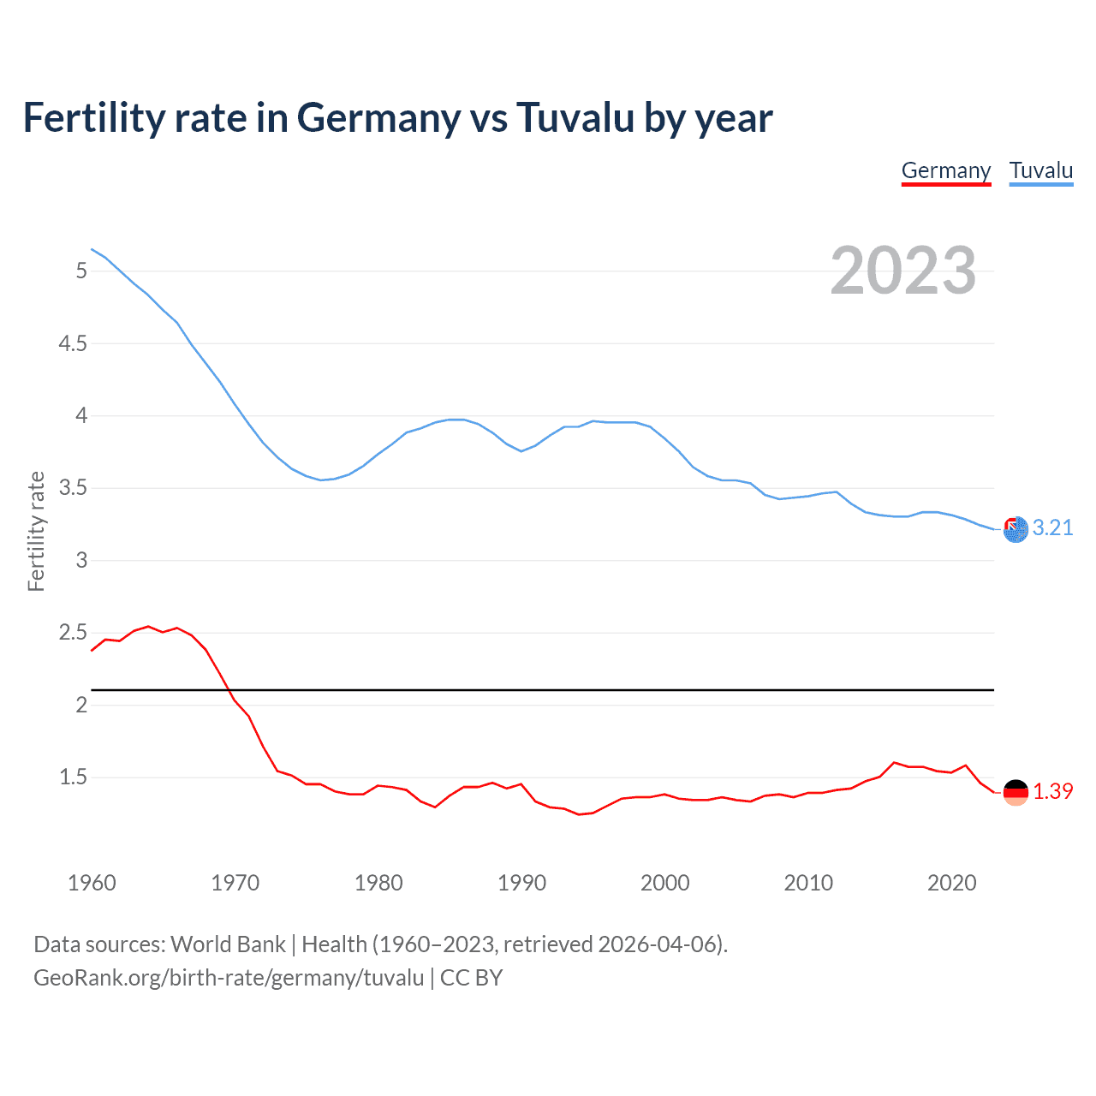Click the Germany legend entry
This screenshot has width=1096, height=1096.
(945, 170)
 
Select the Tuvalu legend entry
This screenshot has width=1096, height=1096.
(1040, 170)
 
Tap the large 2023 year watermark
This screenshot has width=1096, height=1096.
(903, 271)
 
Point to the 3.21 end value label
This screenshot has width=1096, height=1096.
(1052, 527)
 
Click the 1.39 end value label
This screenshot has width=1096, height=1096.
(1052, 791)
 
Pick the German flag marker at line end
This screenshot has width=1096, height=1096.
(1016, 792)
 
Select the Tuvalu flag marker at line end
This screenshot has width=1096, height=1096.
(1016, 530)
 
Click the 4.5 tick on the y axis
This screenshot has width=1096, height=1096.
(73, 343)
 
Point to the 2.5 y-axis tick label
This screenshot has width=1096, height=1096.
(73, 633)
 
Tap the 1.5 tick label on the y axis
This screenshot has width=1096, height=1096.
(73, 777)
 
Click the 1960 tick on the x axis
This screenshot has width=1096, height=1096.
(92, 883)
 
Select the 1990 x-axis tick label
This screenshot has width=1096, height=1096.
(521, 883)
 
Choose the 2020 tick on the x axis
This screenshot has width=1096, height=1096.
(951, 883)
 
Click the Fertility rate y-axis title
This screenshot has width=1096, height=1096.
(36, 531)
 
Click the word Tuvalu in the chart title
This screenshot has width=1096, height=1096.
(574, 118)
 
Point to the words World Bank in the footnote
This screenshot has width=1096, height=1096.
(228, 944)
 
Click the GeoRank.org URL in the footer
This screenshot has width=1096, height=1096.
(229, 978)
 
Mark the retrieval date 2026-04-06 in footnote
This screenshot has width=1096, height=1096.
(657, 944)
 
